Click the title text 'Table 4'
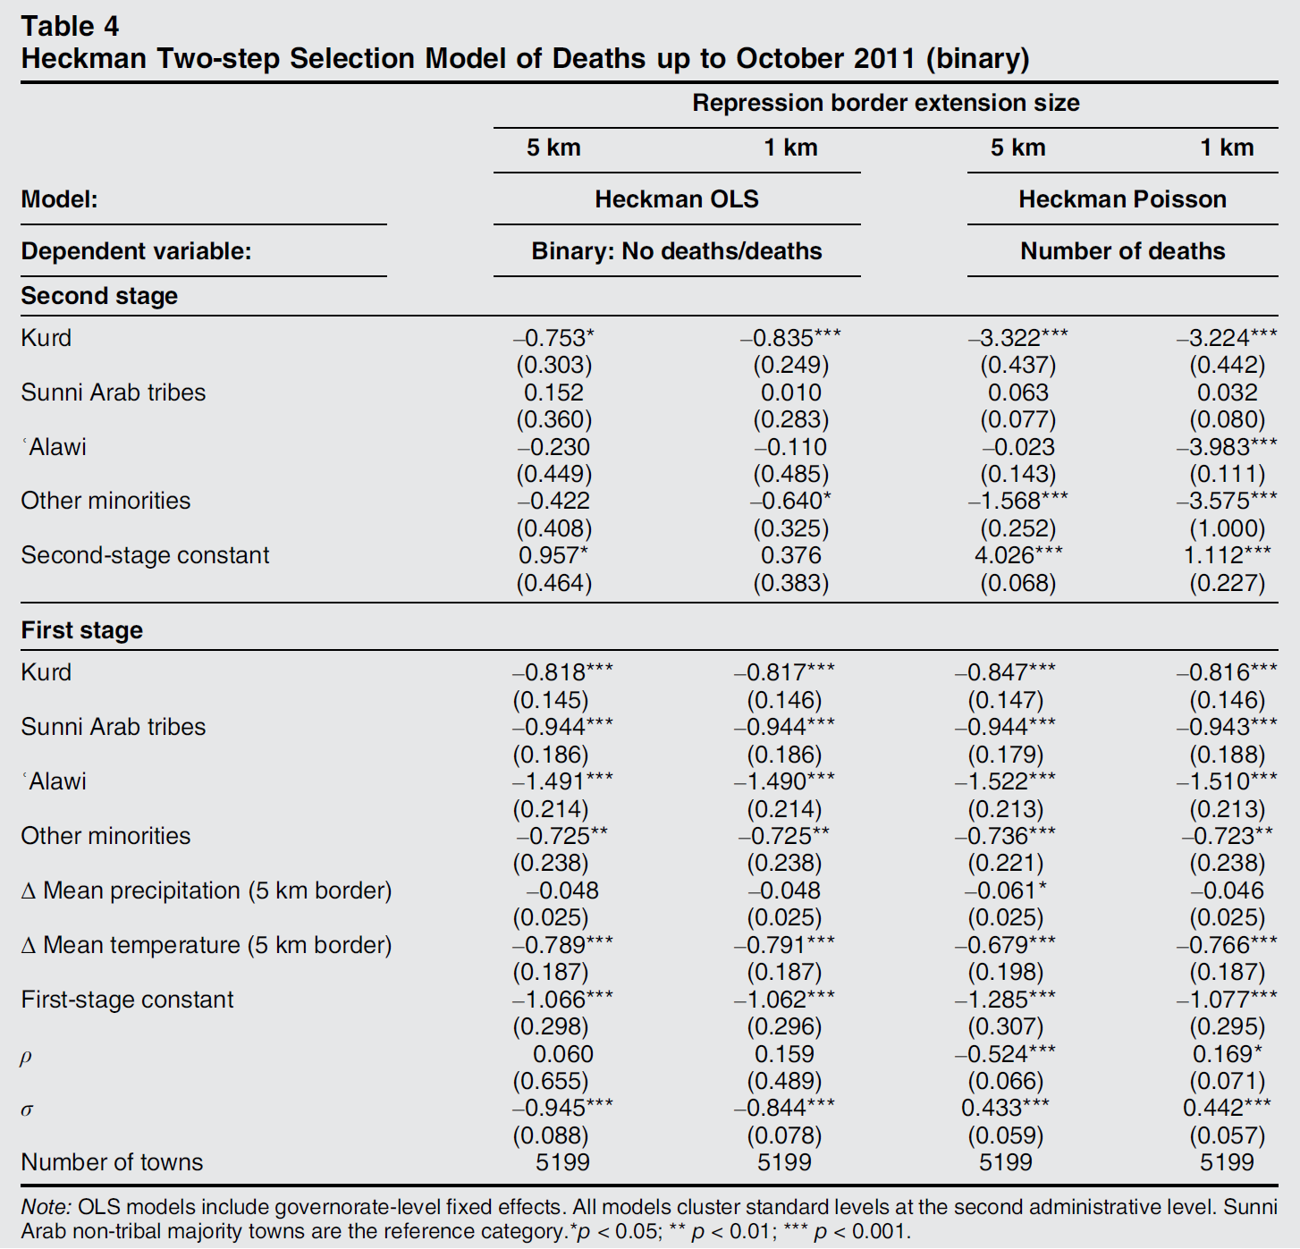tap(70, 26)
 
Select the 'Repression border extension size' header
tap(885, 103)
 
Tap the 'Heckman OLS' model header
tap(676, 198)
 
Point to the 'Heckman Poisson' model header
tap(1122, 198)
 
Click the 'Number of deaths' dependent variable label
tap(1122, 251)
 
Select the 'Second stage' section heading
tap(99, 296)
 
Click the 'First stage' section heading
tap(81, 630)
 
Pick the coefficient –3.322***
tap(1017, 338)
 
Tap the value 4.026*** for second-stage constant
tap(1017, 555)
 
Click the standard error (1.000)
tap(1227, 528)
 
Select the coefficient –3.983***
tap(1227, 447)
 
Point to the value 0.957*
tap(553, 555)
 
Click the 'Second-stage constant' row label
tap(145, 555)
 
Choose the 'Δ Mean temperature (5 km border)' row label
tap(207, 945)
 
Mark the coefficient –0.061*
tap(1005, 890)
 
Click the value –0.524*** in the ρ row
tap(1005, 1054)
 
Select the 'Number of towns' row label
tap(112, 1162)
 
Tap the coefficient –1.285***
tap(1005, 1000)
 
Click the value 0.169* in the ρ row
tap(1227, 1054)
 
